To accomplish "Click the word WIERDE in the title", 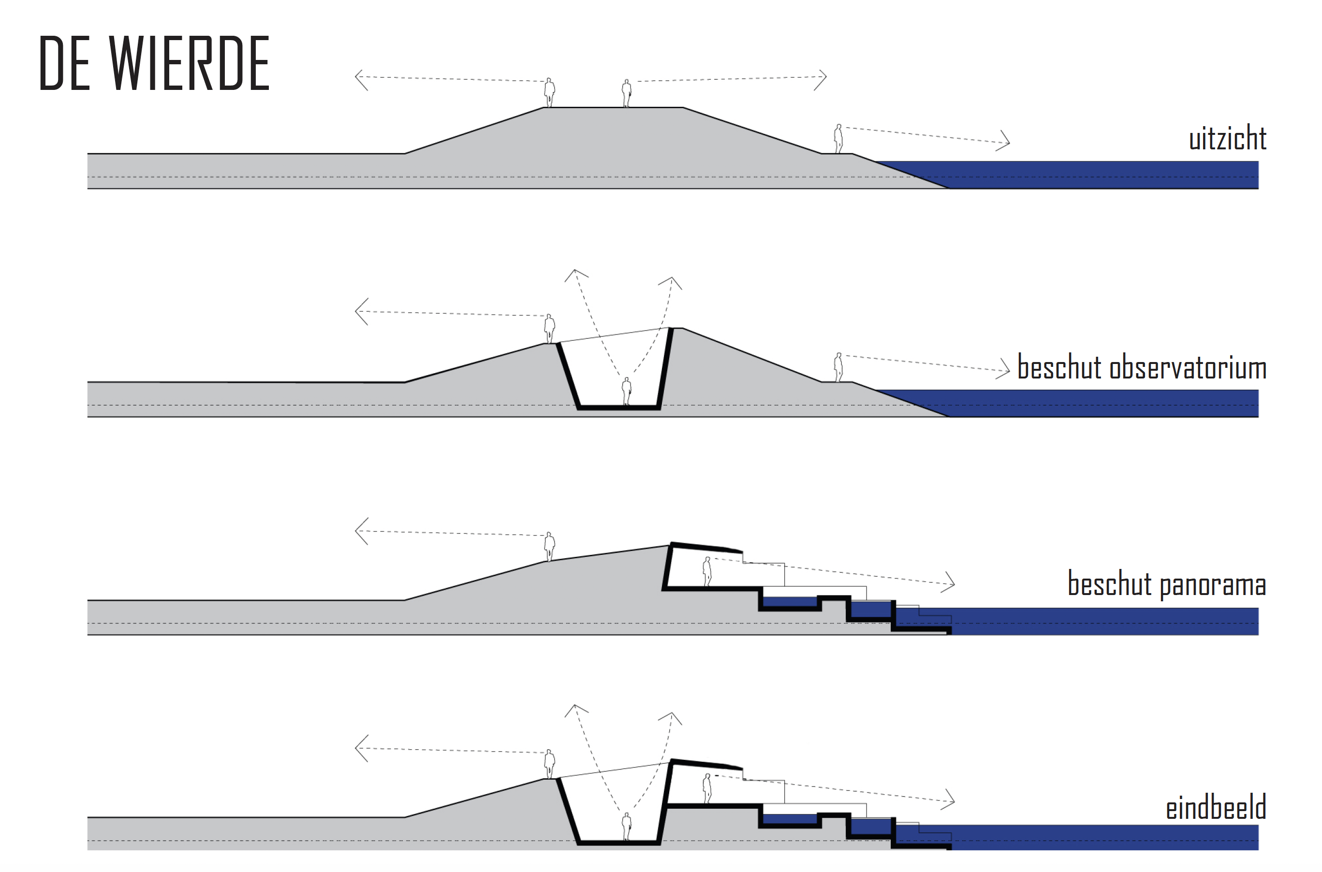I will [x=189, y=63].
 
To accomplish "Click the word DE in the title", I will [x=64, y=63].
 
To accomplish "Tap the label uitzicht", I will [x=1227, y=138].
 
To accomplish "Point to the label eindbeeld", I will [x=1216, y=808].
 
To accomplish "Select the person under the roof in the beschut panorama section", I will [x=707, y=572].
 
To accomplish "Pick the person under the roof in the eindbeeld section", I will [x=707, y=788].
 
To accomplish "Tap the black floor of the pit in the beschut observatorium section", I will [x=618, y=407].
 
